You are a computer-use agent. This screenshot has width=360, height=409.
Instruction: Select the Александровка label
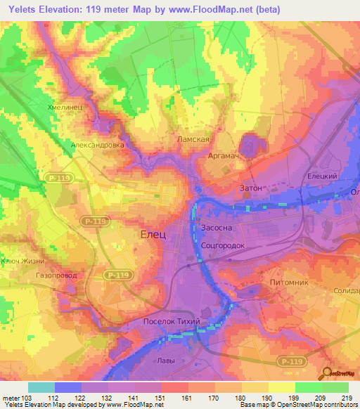tap(98, 145)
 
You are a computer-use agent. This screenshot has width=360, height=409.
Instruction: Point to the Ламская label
tap(193, 140)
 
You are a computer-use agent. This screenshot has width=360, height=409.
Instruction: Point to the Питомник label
tap(289, 282)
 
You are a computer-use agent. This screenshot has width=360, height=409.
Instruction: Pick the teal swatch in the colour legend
tap(41, 387)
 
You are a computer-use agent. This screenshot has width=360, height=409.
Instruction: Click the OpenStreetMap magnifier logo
tap(329, 374)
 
